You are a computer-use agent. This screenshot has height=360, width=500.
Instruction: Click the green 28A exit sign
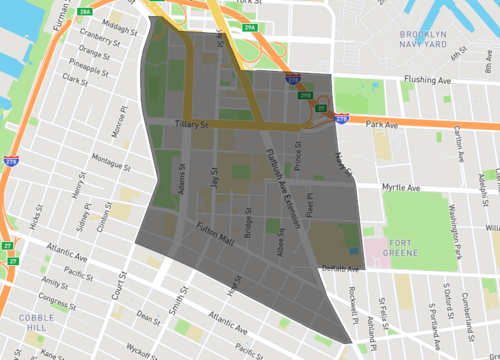click(85, 12)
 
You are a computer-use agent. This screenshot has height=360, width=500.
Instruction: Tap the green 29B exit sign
click(307, 95)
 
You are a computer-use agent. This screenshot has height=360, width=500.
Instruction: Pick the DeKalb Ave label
click(338, 268)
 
